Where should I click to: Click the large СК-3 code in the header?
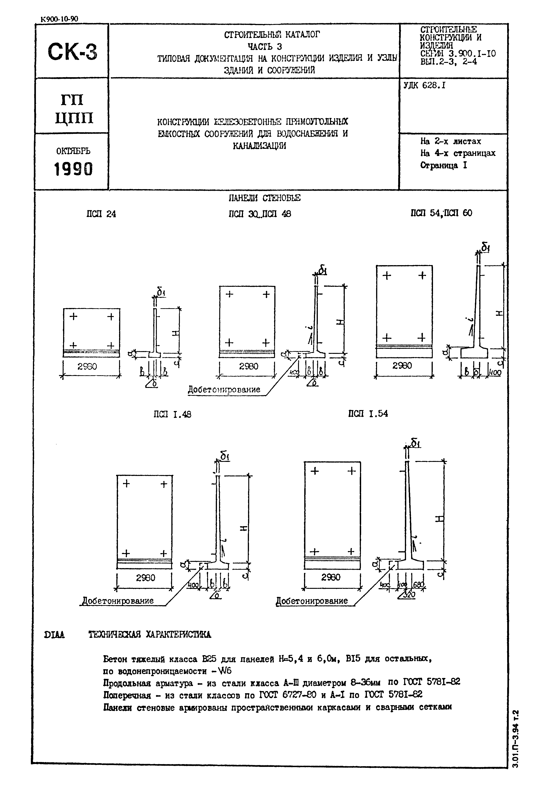click(72, 52)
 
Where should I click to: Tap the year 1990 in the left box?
click(73, 169)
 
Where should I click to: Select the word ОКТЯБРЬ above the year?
click(73, 151)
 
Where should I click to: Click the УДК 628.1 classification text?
click(424, 86)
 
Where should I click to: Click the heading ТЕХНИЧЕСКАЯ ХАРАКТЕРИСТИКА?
click(150, 635)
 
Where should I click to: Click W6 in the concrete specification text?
click(225, 671)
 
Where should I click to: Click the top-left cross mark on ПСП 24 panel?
click(73, 317)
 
